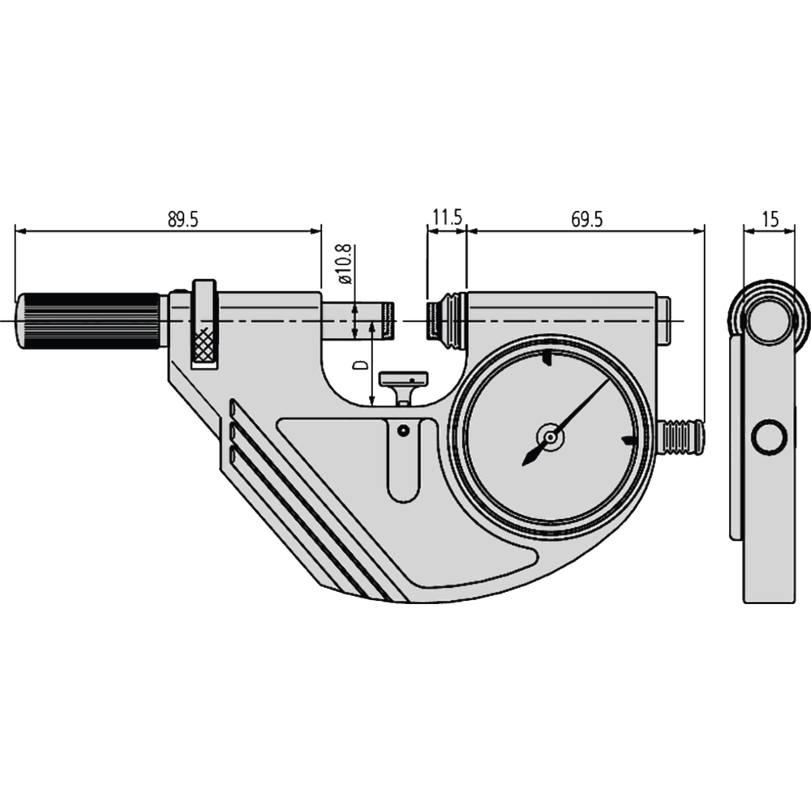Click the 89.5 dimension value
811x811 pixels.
click(183, 219)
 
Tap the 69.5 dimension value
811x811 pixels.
click(586, 219)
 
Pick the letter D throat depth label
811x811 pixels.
click(358, 366)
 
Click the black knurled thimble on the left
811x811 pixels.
click(89, 321)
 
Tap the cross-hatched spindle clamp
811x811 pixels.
click(204, 345)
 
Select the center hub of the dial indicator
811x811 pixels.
click(551, 438)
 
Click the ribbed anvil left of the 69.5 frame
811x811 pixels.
click(447, 320)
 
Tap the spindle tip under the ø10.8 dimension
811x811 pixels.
click(388, 321)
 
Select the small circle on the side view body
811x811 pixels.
click(768, 438)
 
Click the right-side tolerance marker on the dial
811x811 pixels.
click(626, 440)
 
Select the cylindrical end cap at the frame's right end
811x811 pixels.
click(663, 320)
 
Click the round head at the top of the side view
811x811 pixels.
click(768, 321)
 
